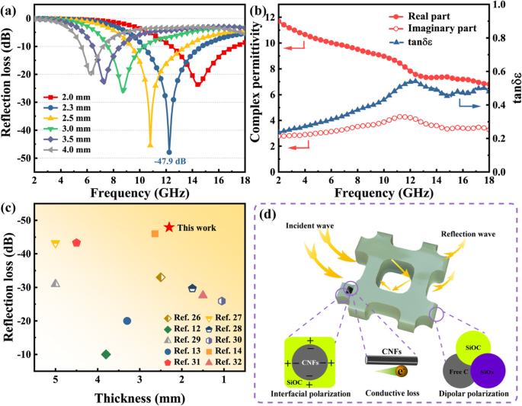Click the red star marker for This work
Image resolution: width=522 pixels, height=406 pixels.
coord(169,227)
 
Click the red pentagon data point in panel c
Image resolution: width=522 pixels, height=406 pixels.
coord(76,242)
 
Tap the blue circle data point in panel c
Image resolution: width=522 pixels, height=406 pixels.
coord(127,321)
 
